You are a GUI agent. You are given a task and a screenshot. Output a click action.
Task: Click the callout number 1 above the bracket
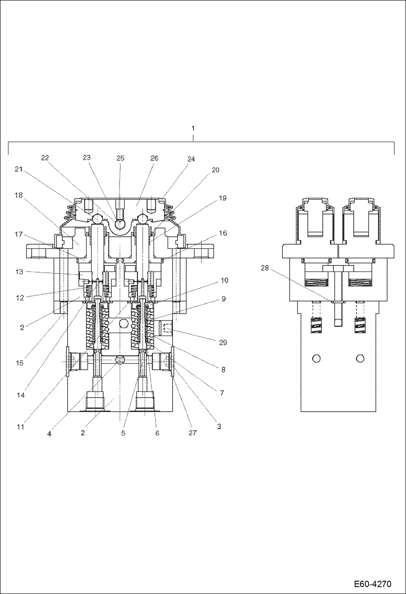tap(193, 128)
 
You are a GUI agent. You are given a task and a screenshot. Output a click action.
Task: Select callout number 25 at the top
tap(120, 158)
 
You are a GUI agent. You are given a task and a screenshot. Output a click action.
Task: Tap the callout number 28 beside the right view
tap(265, 268)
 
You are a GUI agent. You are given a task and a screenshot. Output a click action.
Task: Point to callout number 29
tap(223, 343)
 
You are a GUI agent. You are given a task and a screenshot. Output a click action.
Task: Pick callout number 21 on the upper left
tap(18, 169)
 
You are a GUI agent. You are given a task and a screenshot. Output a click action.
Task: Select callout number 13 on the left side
tap(19, 272)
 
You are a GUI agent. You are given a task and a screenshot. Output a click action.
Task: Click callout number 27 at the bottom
tap(192, 433)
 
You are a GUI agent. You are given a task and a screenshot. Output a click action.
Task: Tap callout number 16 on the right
tap(223, 233)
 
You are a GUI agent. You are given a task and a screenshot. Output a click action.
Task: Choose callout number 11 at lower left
tap(20, 427)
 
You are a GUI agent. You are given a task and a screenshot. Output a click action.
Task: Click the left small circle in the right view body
tap(316, 359)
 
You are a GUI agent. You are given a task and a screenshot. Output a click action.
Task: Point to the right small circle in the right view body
tap(360, 359)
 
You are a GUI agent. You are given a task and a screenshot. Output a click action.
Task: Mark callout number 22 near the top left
tap(45, 158)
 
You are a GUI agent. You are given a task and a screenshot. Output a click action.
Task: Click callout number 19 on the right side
tap(223, 198)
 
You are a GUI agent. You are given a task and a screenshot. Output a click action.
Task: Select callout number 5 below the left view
tap(123, 433)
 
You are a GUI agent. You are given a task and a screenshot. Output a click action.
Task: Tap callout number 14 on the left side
tap(21, 395)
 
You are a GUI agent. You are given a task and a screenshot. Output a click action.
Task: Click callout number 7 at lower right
tap(222, 393)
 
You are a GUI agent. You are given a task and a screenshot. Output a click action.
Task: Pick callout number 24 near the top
tap(191, 159)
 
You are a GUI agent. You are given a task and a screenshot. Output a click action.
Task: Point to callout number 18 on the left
tap(18, 195)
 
